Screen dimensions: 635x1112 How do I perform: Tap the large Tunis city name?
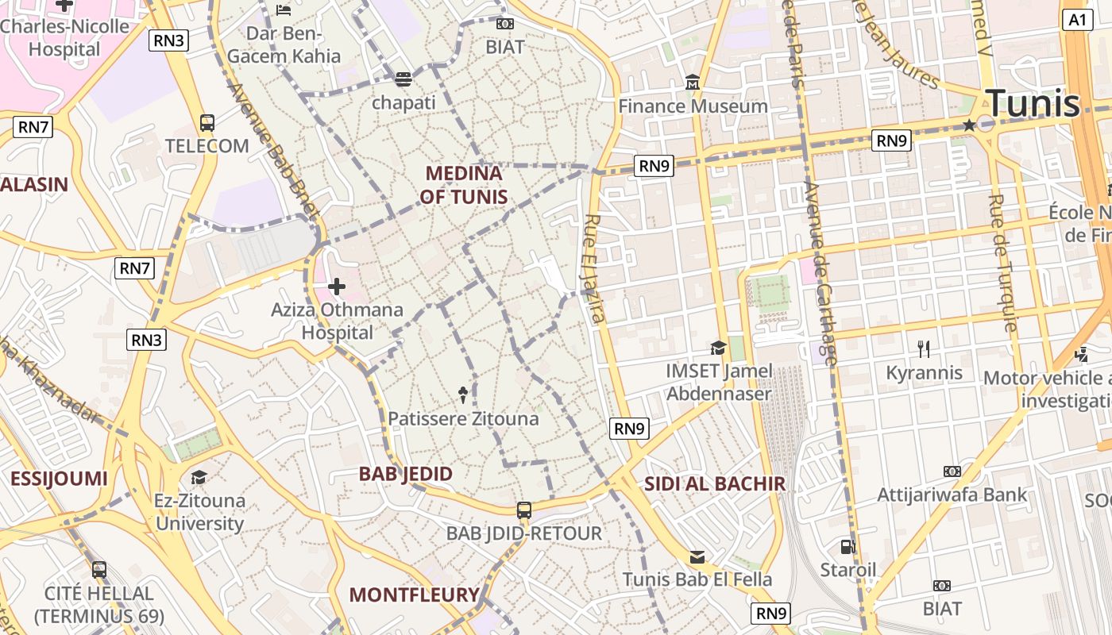[1033, 104]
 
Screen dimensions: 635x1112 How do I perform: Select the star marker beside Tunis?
[969, 125]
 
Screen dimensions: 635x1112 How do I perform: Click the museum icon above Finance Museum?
[693, 82]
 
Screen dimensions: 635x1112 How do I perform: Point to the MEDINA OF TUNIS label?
[464, 185]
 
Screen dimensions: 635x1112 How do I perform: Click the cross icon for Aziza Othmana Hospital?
[337, 286]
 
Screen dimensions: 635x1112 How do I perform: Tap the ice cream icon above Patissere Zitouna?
[463, 394]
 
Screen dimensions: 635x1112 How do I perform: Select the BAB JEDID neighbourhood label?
[406, 474]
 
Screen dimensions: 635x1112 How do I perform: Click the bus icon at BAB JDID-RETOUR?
[524, 510]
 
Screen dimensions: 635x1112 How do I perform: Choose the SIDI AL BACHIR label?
[714, 483]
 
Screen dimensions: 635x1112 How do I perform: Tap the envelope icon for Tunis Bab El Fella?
[697, 557]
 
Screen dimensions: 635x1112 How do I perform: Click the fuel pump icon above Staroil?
[848, 547]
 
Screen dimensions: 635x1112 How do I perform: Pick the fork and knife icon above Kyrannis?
[924, 349]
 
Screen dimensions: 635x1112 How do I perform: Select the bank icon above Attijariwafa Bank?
[952, 471]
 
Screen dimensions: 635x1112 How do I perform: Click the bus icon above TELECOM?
[207, 123]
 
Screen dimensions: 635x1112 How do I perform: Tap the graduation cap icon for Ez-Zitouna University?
[199, 477]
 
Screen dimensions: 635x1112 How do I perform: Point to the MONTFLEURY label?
[415, 595]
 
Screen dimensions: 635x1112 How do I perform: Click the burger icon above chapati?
[403, 79]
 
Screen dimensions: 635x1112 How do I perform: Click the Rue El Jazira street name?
[595, 268]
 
